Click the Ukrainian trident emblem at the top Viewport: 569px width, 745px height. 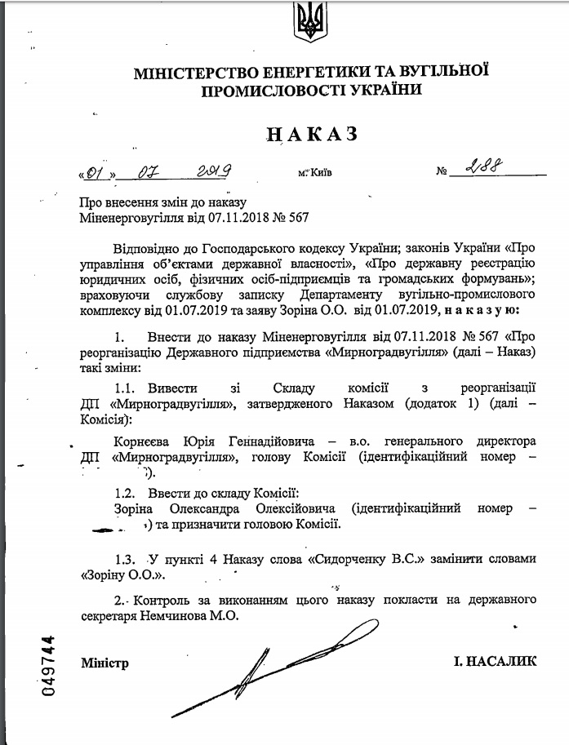[308, 23]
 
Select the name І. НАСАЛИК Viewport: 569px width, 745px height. [495, 662]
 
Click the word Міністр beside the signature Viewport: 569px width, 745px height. [104, 663]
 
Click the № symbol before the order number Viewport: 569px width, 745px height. [442, 172]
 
